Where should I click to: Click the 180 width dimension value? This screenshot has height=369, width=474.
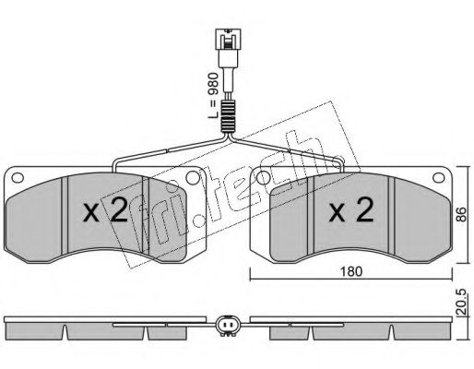click(x=351, y=271)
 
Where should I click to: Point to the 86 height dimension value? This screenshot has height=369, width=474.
click(x=461, y=215)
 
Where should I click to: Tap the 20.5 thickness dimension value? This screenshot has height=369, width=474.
click(x=462, y=302)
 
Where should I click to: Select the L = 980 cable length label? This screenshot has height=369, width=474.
click(x=213, y=96)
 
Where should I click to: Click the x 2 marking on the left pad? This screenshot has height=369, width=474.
click(x=105, y=210)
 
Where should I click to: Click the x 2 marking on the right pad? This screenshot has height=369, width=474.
click(x=351, y=210)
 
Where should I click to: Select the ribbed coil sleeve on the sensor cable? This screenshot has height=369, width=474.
click(x=228, y=116)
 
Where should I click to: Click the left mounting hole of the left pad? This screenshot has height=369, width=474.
click(x=18, y=178)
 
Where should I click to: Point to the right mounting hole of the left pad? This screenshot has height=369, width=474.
click(x=193, y=178)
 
